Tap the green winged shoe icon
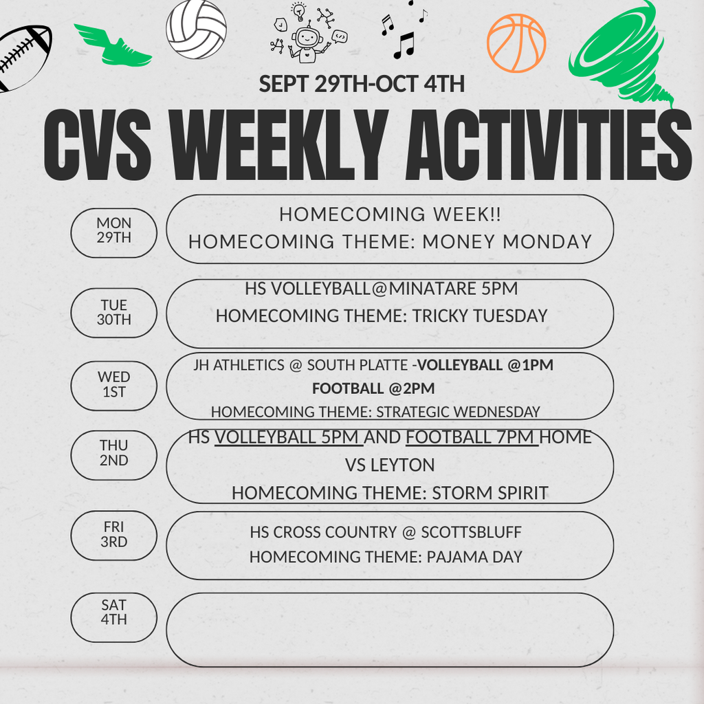tap(113, 45)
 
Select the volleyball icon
tap(196, 30)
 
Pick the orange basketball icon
tap(516, 43)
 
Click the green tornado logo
tap(622, 52)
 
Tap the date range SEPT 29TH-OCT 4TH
tap(362, 85)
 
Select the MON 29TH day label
tap(114, 230)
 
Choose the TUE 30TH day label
tap(114, 312)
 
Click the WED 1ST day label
tap(114, 384)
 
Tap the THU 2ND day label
tap(114, 453)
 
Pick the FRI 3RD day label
tap(114, 534)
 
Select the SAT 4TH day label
tap(114, 612)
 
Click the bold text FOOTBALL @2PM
tap(373, 388)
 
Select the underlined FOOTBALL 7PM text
tap(472, 437)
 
